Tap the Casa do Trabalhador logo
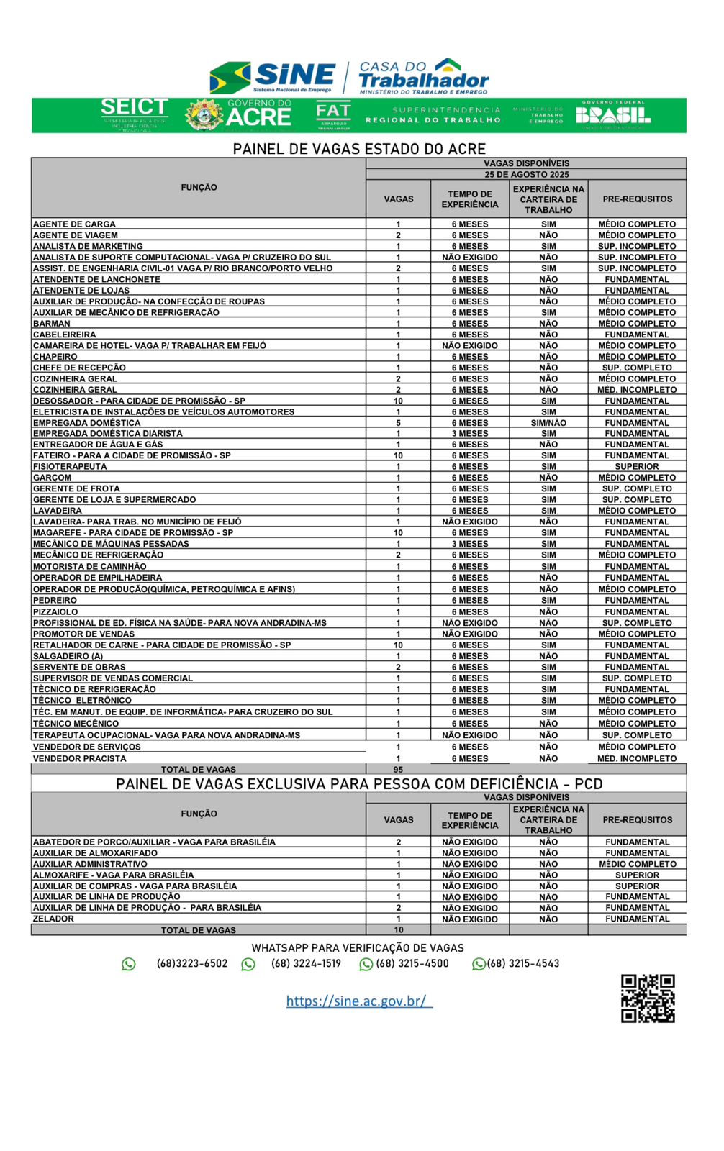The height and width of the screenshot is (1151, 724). (423, 76)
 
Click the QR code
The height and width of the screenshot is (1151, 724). (648, 998)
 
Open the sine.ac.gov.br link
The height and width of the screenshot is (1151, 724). (358, 1001)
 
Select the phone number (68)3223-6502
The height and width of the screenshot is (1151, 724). (191, 964)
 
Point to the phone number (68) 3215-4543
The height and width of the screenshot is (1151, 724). (522, 964)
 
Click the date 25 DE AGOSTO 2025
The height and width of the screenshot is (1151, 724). (526, 175)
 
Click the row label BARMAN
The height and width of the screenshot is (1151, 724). (52, 324)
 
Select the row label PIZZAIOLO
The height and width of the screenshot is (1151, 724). (55, 612)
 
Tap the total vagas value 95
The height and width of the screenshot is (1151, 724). (398, 770)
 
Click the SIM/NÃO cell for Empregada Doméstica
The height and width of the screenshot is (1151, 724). (548, 423)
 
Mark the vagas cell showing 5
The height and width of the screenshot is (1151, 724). (398, 423)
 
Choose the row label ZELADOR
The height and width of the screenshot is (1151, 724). (53, 919)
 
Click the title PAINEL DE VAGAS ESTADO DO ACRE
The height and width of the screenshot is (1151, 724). (359, 149)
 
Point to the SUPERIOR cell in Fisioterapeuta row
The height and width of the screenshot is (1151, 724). (637, 467)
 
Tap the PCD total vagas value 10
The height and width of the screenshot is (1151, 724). (398, 930)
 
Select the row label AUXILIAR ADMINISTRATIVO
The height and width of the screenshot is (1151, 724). (90, 864)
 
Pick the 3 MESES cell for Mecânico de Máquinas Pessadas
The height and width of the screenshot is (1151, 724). (470, 544)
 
